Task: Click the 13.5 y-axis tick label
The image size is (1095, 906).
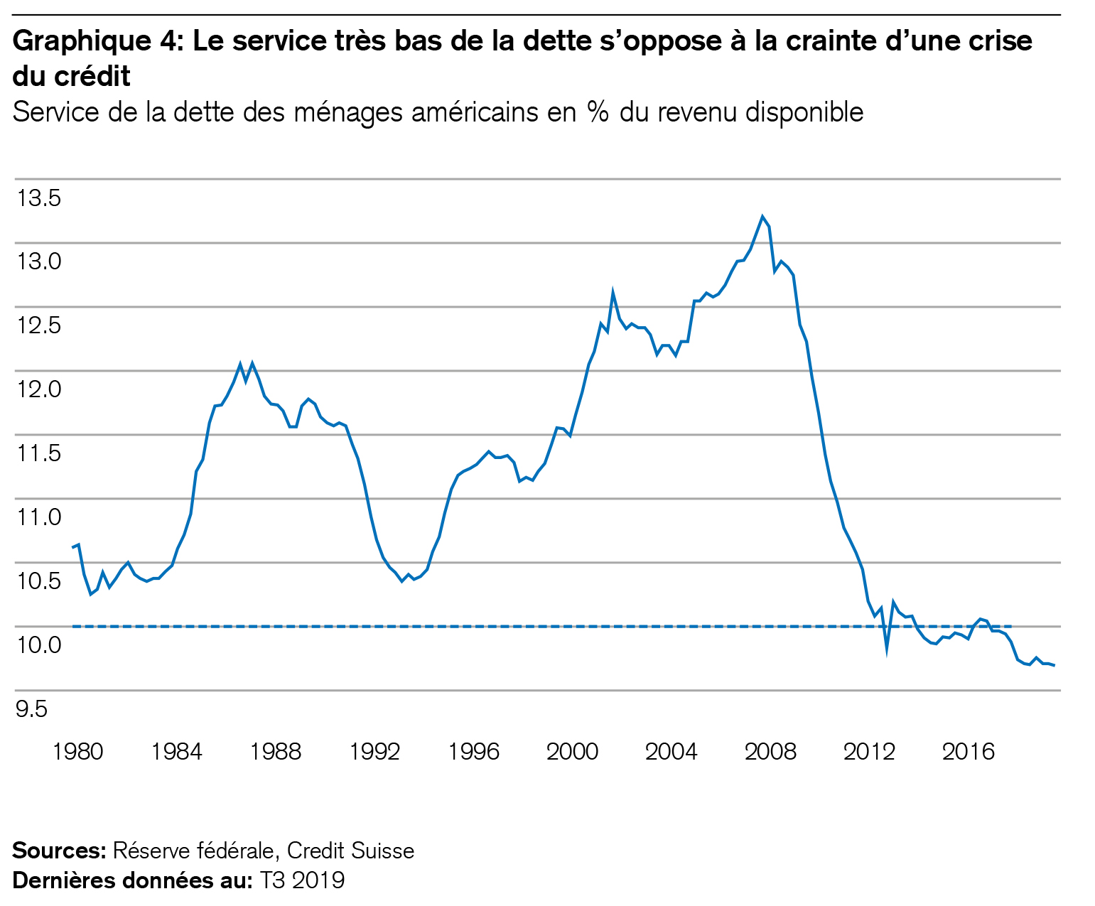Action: point(39,198)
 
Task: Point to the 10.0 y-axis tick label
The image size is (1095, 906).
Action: point(39,645)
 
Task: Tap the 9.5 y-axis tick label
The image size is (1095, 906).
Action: point(32,708)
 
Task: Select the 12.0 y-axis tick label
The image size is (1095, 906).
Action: point(39,389)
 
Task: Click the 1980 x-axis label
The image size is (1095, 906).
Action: point(77,752)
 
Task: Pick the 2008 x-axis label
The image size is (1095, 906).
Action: point(770,752)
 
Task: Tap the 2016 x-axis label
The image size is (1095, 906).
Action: point(968,752)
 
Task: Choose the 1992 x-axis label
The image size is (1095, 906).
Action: point(374,752)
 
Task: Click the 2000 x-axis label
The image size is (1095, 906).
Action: point(572,752)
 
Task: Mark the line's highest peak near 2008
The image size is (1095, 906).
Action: point(762,217)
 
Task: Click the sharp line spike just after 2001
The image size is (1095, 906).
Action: point(613,292)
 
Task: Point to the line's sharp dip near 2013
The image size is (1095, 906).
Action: point(887,648)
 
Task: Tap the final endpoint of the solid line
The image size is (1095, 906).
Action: point(1054,665)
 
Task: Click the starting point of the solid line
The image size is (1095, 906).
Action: point(72,546)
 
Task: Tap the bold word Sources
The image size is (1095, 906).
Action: point(59,851)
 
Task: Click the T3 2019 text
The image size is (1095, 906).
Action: point(302,880)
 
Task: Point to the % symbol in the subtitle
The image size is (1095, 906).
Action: point(598,112)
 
